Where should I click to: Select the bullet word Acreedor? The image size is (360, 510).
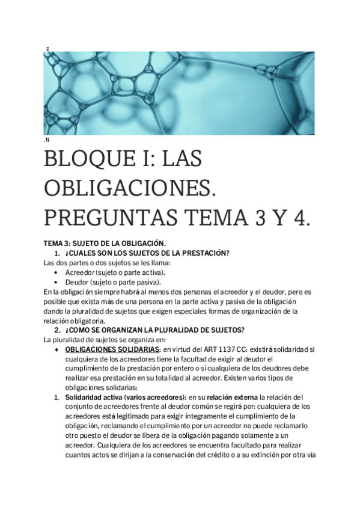81,272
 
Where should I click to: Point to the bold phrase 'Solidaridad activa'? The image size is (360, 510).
95,397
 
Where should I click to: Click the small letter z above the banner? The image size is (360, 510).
46,48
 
